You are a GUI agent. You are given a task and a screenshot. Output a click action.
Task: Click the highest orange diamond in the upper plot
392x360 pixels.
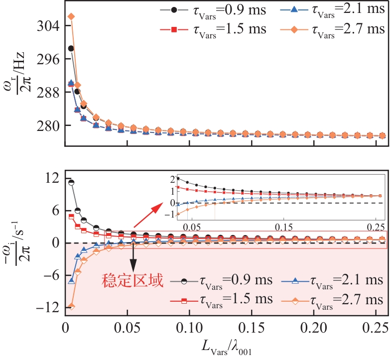[71, 16]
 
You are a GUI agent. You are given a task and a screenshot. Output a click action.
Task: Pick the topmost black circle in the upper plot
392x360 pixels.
[71, 48]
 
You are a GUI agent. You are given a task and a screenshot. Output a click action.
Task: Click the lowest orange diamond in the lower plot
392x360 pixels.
[71, 307]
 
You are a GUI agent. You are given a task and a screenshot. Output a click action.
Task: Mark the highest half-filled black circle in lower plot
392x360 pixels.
[71, 182]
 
